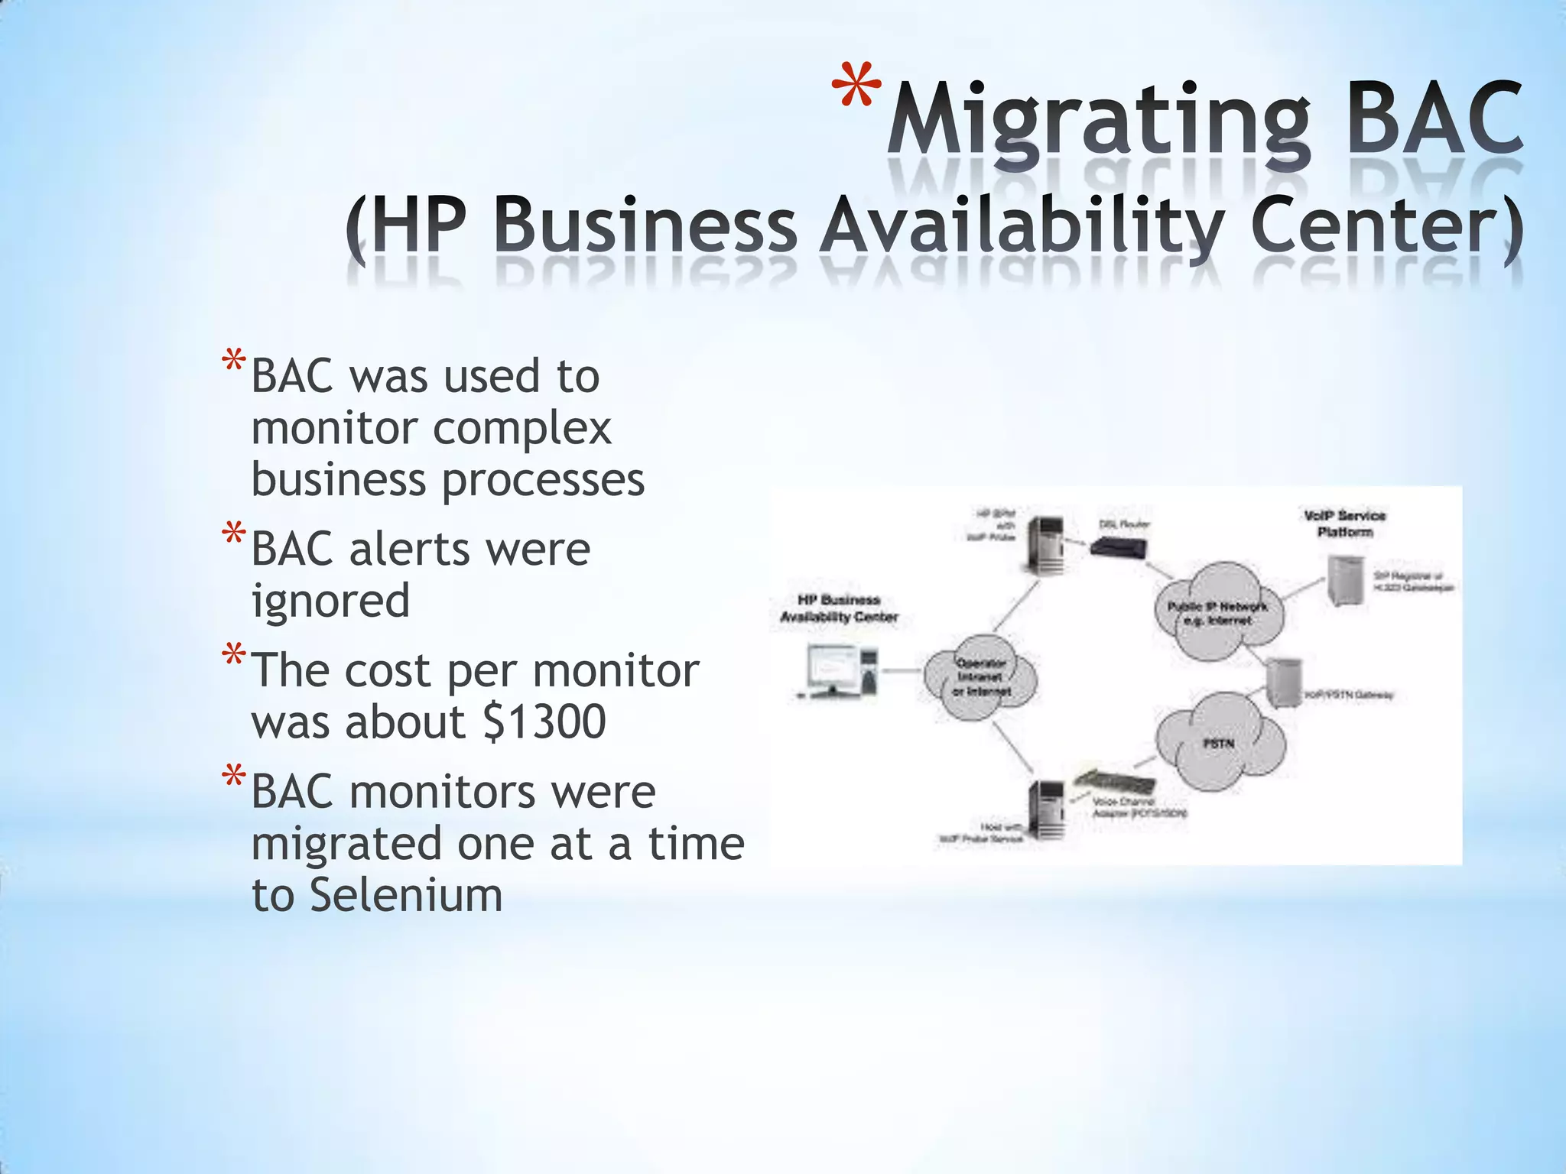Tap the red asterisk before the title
(x=856, y=90)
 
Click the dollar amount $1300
(x=544, y=722)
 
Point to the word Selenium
(x=406, y=895)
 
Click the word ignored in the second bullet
(x=330, y=602)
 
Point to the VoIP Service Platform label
(x=1344, y=524)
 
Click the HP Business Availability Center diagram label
(x=839, y=608)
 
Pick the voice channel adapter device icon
(x=1114, y=783)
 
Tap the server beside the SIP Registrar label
(x=1345, y=581)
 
